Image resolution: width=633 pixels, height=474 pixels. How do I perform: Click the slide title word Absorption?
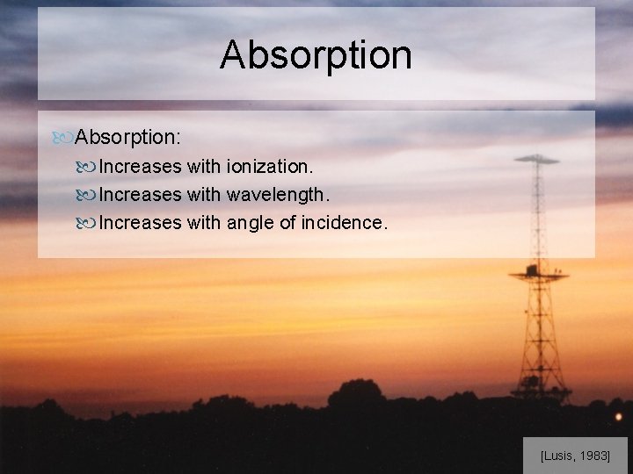pyautogui.click(x=316, y=54)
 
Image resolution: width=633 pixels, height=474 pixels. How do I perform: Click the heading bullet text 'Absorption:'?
pyautogui.click(x=128, y=137)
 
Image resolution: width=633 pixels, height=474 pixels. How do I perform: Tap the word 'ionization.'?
pyautogui.click(x=269, y=166)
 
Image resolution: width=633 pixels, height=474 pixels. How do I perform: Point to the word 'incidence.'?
pyautogui.click(x=343, y=222)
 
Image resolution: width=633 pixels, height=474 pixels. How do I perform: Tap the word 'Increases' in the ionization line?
pyautogui.click(x=140, y=166)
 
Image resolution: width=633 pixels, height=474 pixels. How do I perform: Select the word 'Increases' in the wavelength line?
pyautogui.click(x=140, y=194)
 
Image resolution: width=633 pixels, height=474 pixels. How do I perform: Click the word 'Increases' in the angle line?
pyautogui.click(x=140, y=222)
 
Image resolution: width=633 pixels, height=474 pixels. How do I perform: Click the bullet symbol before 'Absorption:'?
pyautogui.click(x=63, y=138)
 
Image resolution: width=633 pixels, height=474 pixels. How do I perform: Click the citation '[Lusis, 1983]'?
pyautogui.click(x=575, y=456)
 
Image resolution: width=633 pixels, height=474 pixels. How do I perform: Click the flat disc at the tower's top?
pyautogui.click(x=536, y=160)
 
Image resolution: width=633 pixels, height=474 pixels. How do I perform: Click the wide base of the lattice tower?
pyautogui.click(x=540, y=386)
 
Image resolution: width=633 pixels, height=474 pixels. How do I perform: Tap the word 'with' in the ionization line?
pyautogui.click(x=204, y=166)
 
